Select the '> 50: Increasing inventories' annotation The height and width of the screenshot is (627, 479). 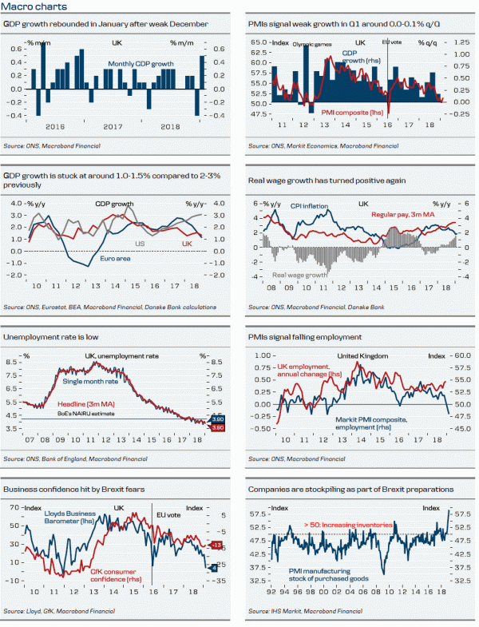click(x=348, y=525)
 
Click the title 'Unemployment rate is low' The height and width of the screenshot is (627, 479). click(x=47, y=337)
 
